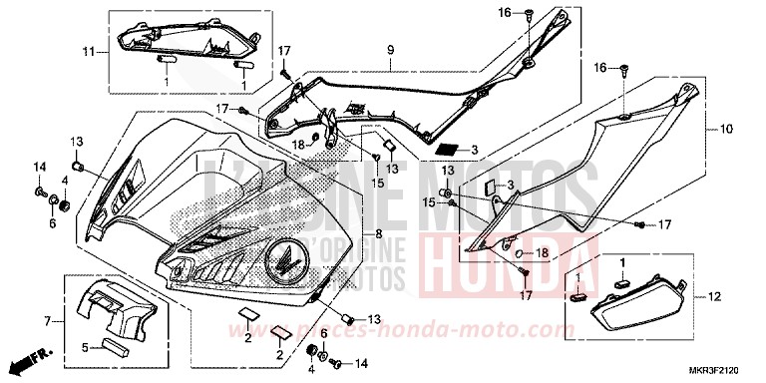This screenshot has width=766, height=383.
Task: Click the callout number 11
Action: click(88, 51)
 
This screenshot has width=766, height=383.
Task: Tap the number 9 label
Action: click(391, 49)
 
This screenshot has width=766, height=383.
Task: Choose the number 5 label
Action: click(86, 348)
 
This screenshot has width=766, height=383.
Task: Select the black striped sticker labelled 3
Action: click(450, 150)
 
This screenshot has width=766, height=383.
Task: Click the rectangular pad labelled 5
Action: click(118, 347)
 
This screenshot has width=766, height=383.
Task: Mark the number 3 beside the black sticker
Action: click(474, 151)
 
